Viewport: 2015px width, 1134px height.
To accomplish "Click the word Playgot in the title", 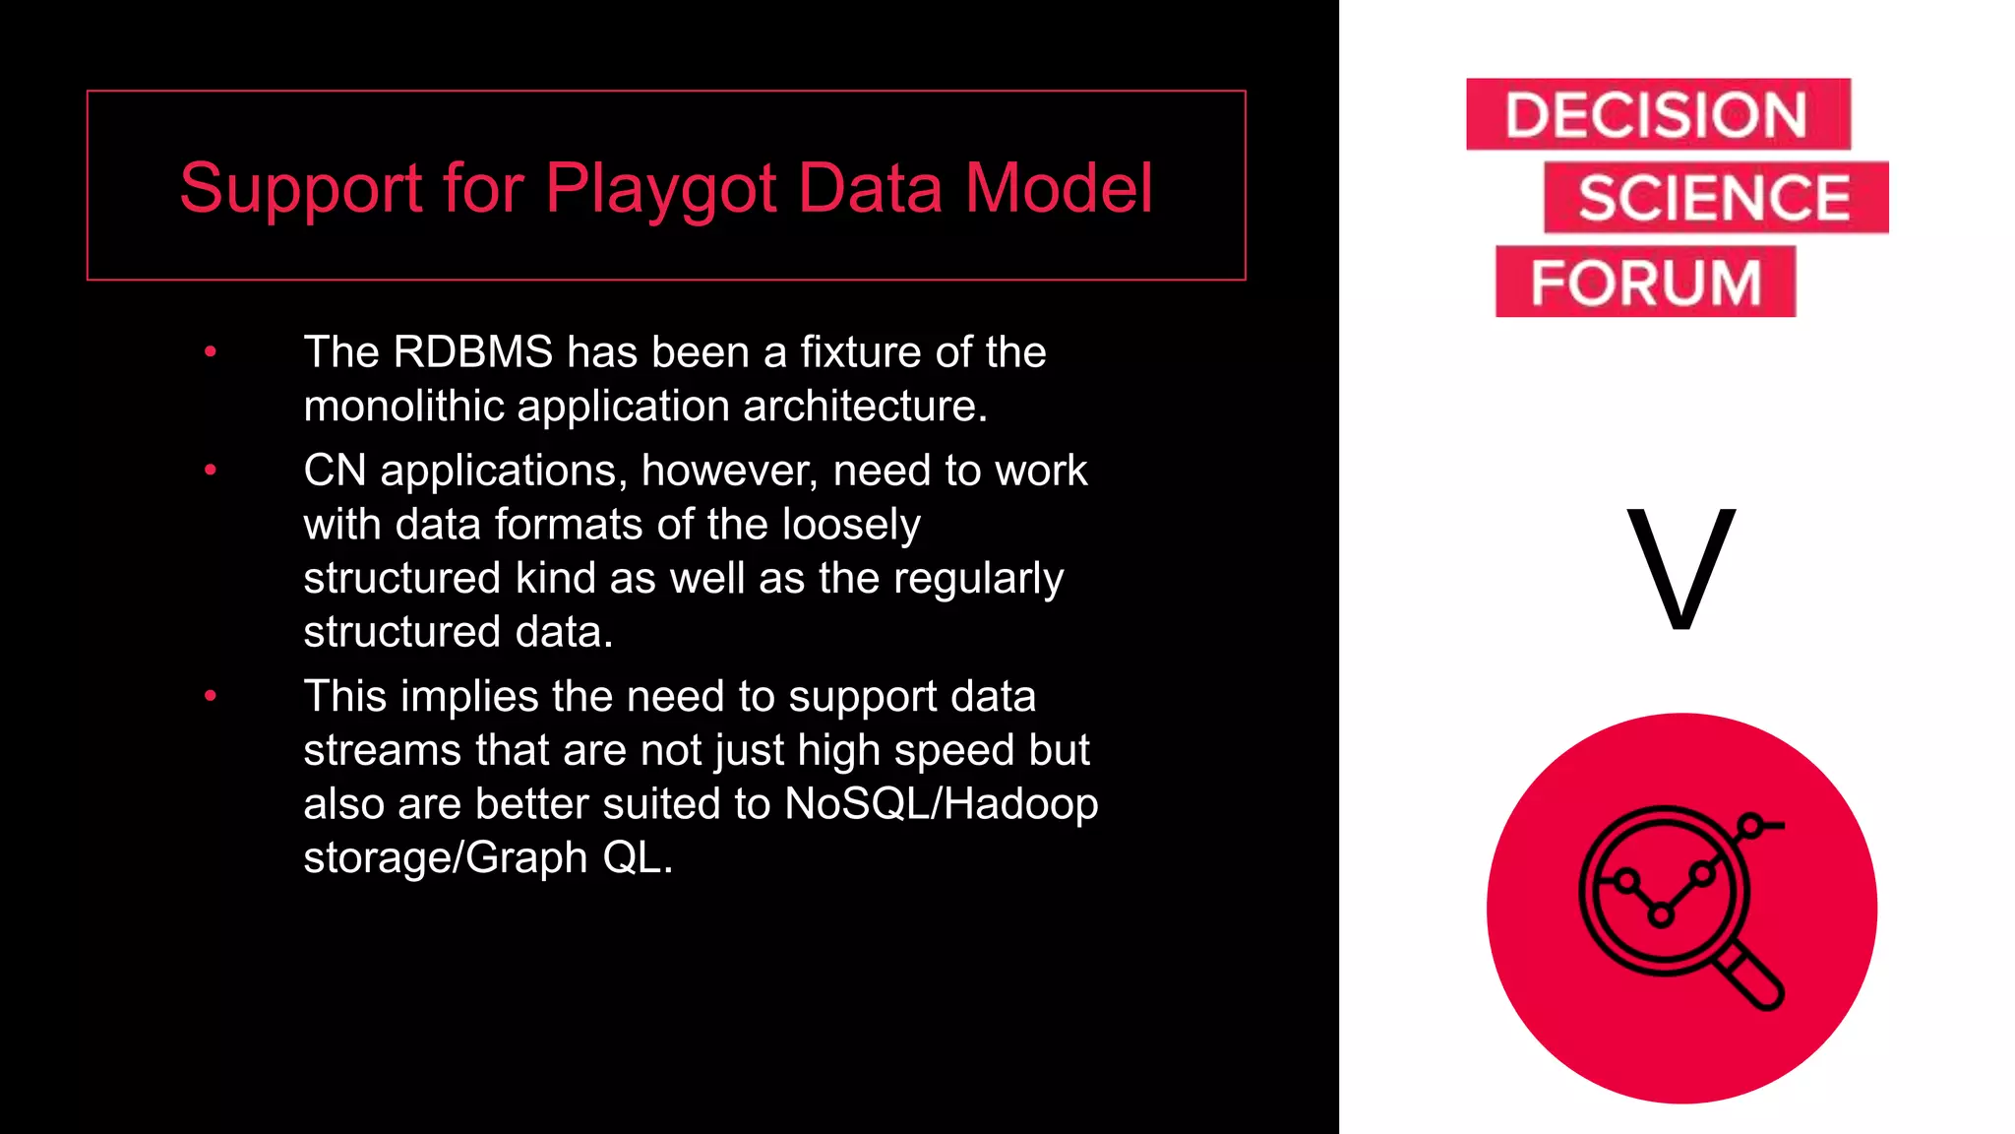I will pos(661,188).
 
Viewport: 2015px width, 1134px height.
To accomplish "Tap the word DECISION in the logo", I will pos(1656,115).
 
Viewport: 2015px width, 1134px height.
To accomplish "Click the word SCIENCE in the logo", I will pos(1715,198).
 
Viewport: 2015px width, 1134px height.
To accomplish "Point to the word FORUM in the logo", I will pos(1645,283).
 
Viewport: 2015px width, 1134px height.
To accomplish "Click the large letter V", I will pos(1680,568).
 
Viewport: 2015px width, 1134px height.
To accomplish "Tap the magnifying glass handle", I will pos(1753,975).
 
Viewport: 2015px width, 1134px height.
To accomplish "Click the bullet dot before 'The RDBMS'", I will pos(210,351).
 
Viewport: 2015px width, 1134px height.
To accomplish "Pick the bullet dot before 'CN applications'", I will pos(210,471).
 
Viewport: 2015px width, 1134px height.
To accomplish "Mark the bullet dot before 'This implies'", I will pos(210,696).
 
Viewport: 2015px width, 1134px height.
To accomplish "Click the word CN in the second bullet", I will pos(335,471).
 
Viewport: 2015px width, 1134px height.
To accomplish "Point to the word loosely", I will pos(851,525).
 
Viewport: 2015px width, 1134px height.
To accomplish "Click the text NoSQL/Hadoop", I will pos(941,804).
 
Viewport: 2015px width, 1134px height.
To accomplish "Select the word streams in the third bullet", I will pos(382,750).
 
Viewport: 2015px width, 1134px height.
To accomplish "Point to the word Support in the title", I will pos(301,188).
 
